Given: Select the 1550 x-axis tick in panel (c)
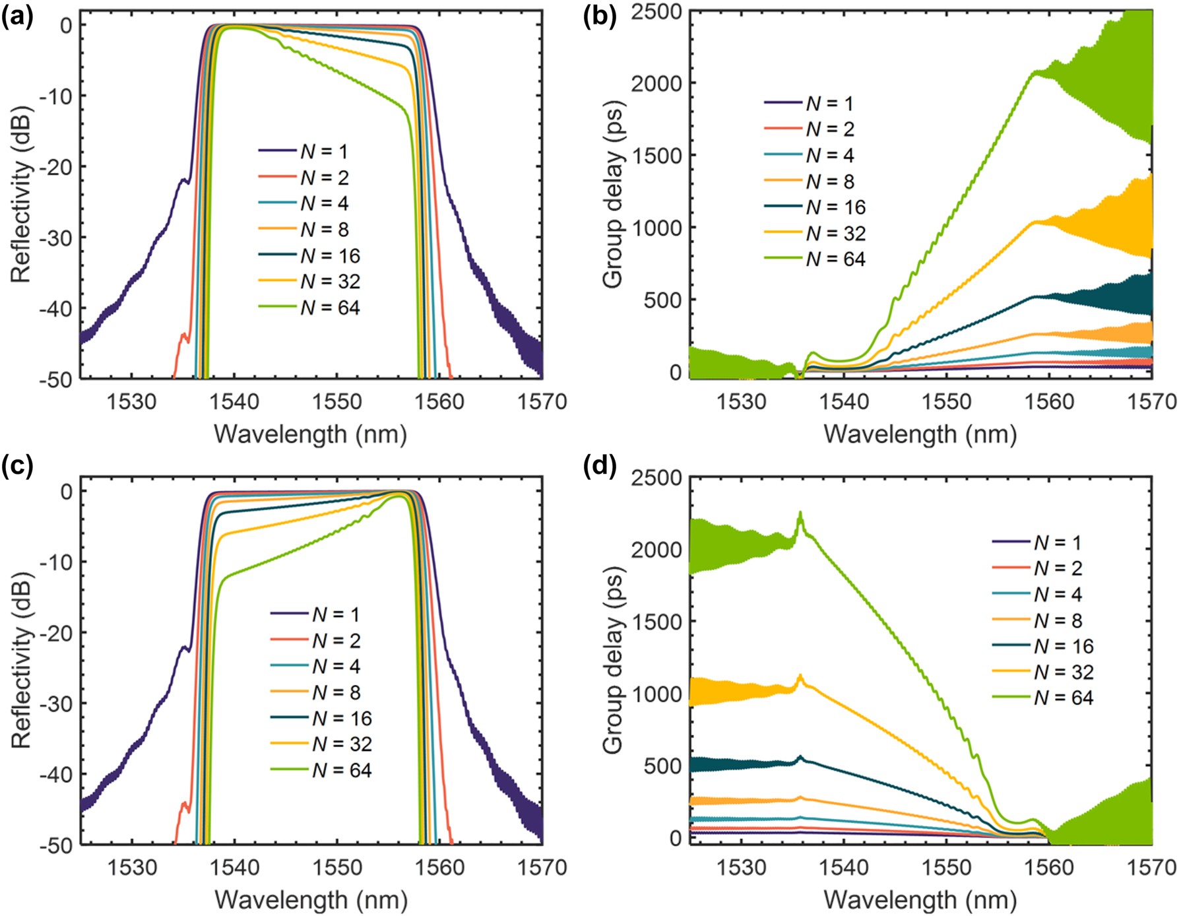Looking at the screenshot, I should tap(337, 867).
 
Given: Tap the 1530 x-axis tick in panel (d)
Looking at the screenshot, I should tap(742, 867).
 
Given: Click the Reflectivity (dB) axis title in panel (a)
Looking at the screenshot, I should tap(21, 195).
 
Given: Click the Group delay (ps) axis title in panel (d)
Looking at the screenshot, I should tap(613, 660).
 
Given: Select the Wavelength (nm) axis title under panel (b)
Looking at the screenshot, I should tap(920, 434).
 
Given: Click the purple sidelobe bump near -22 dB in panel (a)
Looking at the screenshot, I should tap(184, 179).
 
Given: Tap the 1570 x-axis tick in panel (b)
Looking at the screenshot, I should tap(1152, 401).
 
